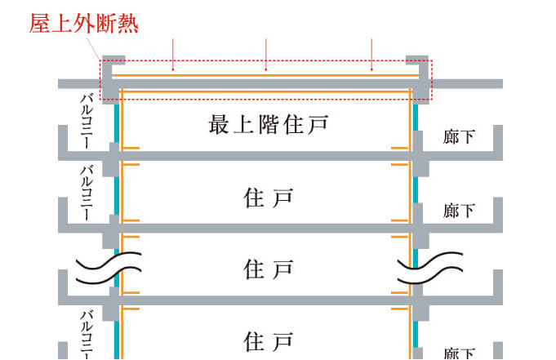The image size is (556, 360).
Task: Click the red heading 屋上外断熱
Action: (x=83, y=23)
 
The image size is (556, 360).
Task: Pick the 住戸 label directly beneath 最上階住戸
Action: (x=268, y=198)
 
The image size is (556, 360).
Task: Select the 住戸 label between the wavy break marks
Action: (x=268, y=268)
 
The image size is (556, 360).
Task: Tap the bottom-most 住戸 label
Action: (x=268, y=338)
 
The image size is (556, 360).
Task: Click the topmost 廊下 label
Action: (x=459, y=137)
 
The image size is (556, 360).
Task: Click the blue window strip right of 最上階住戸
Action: (x=416, y=122)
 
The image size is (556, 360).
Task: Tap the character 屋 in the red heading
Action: (x=40, y=23)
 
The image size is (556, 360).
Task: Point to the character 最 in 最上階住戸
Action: (x=219, y=125)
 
